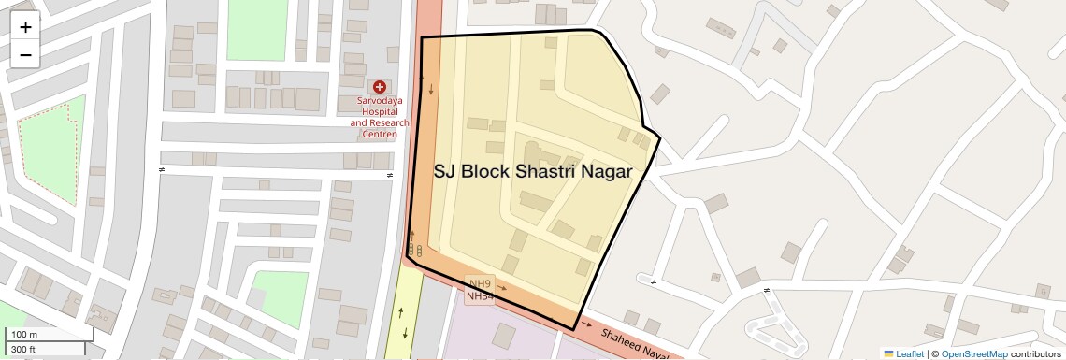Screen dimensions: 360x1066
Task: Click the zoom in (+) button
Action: [x=25, y=26]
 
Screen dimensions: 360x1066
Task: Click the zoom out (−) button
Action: [x=25, y=54]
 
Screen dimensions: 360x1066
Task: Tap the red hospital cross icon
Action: [x=380, y=87]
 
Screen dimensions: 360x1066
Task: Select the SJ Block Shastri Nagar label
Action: [x=532, y=172]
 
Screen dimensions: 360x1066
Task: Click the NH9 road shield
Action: [x=480, y=283]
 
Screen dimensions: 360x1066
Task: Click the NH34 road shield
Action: [x=480, y=296]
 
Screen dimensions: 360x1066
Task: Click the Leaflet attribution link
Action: [x=910, y=354]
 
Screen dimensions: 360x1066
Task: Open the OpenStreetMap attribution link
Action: [x=973, y=354]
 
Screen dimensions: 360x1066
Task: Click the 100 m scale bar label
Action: [x=24, y=335]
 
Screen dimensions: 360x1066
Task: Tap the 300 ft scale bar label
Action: [x=23, y=350]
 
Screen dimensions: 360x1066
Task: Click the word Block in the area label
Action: [x=486, y=172]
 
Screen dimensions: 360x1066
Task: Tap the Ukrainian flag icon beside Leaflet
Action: [x=889, y=354]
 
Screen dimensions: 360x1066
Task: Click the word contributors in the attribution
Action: [x=1035, y=354]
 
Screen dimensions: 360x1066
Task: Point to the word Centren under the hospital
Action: [x=380, y=134]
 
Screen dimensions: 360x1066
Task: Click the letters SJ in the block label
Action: [x=445, y=172]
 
